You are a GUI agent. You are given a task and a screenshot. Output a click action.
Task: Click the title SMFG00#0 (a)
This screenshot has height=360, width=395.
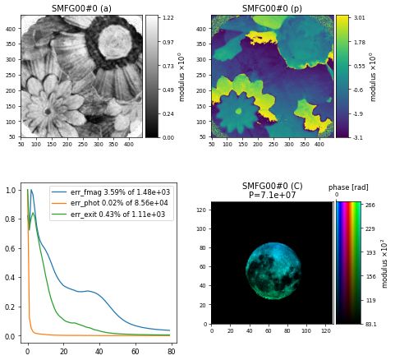click(82, 8)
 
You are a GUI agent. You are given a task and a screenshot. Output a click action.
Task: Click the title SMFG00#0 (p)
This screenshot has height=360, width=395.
click(272, 8)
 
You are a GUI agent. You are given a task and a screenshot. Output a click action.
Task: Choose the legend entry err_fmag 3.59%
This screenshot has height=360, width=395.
click(112, 192)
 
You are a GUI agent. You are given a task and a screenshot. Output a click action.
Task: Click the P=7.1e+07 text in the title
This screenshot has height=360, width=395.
click(272, 195)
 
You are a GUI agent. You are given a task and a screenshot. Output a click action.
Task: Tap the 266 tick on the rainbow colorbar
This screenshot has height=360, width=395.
click(370, 205)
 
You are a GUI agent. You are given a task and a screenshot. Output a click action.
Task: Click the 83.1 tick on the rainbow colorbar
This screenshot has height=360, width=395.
click(370, 324)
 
